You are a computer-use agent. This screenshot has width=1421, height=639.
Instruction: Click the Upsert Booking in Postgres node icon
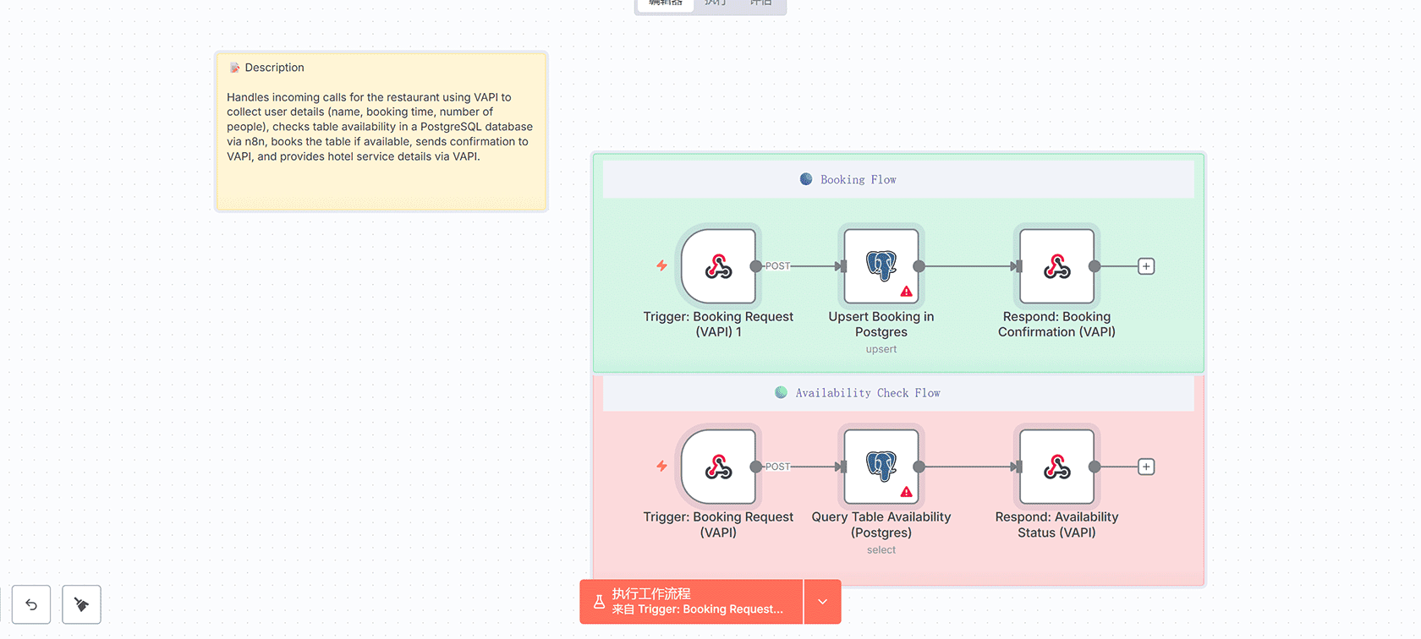click(x=881, y=265)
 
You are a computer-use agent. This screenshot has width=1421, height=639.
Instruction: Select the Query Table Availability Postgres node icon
click(x=881, y=465)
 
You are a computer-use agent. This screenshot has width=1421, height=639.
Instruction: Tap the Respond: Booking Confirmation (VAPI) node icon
click(x=1056, y=266)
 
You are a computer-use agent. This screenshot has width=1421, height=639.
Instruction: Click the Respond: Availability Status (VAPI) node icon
click(x=1056, y=467)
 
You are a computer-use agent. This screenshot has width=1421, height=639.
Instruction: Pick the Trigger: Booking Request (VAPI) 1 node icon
click(x=718, y=266)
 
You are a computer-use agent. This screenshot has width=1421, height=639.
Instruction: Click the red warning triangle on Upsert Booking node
click(x=907, y=292)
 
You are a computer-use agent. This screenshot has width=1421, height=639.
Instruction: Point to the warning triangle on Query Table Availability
click(x=907, y=492)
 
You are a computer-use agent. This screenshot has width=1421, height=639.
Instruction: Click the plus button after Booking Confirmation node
click(x=1146, y=266)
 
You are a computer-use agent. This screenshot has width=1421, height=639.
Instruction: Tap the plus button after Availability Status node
click(x=1146, y=467)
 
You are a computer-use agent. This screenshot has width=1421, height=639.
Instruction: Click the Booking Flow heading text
click(x=858, y=180)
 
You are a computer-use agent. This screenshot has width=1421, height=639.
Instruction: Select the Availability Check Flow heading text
click(x=867, y=393)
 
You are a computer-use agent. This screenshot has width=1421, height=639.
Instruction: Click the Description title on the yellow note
click(x=274, y=68)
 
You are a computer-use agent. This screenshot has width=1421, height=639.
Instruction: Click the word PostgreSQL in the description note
click(x=451, y=127)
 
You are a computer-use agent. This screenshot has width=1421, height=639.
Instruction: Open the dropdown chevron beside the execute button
click(x=822, y=602)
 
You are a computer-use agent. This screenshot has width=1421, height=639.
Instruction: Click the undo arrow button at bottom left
click(x=31, y=604)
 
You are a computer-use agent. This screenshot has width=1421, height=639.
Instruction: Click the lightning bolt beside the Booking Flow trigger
click(x=662, y=265)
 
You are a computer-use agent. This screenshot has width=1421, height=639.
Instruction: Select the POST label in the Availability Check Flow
click(x=777, y=467)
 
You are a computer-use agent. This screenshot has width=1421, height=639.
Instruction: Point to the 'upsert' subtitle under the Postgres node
click(x=881, y=349)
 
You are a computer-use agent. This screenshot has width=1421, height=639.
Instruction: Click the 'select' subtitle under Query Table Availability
click(x=881, y=550)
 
